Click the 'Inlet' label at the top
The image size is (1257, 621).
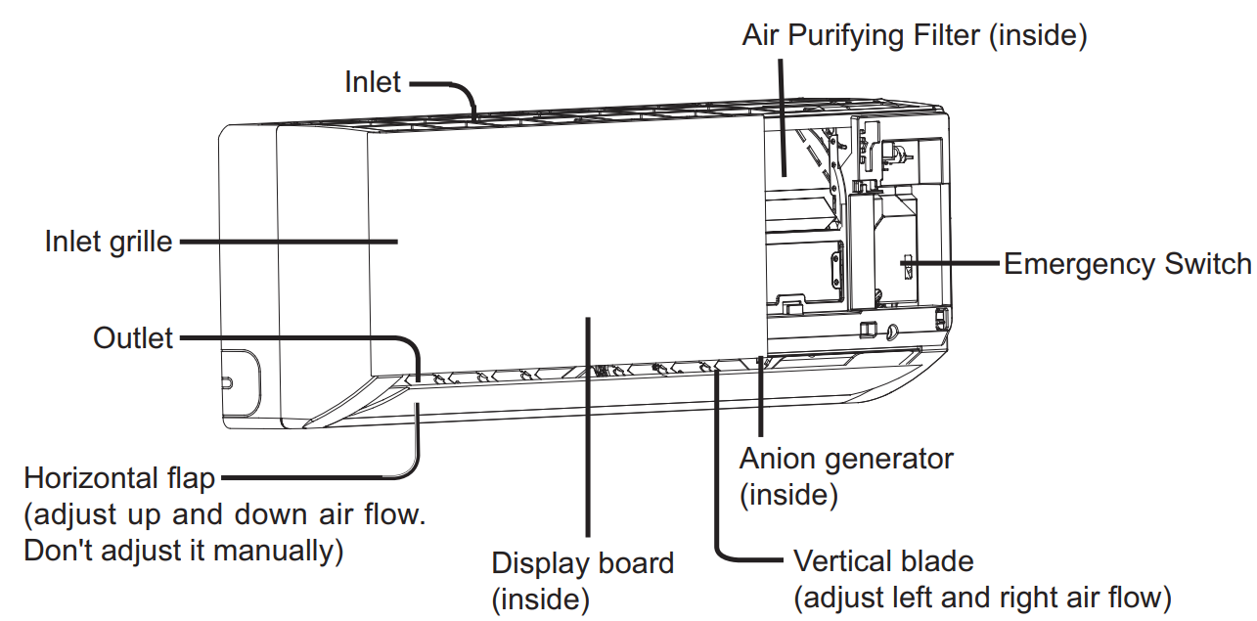372,82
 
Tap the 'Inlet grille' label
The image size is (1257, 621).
109,242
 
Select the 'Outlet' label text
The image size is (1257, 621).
133,338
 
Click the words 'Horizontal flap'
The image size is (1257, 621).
119,479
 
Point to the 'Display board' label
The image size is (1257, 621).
582,564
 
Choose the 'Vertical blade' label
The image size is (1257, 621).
883,561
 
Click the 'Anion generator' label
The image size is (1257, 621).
846,458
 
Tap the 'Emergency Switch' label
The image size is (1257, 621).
1127,264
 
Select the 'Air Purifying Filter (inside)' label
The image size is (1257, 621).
915,35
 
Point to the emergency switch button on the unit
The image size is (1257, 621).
906,264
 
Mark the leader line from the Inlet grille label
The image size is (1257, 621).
289,242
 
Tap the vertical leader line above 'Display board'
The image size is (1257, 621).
587,430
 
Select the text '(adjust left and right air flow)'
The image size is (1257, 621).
982,597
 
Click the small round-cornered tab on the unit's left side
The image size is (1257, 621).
240,380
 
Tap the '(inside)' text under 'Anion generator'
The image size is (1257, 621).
788,495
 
